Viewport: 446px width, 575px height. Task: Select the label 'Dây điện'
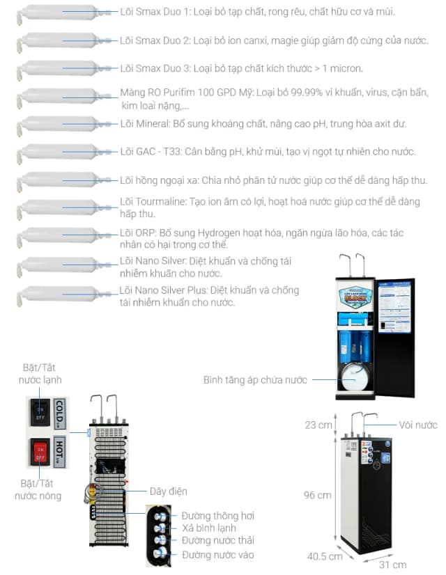168,491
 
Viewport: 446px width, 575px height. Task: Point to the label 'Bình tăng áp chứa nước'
254,380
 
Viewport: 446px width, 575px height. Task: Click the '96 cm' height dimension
317,495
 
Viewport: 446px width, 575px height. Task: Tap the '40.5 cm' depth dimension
325,556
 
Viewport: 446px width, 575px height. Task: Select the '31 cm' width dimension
393,564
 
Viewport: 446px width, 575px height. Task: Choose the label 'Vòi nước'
418,425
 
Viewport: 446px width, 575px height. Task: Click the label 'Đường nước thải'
217,540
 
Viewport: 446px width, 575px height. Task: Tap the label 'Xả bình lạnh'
208,528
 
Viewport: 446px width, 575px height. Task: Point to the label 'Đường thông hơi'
217,516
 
